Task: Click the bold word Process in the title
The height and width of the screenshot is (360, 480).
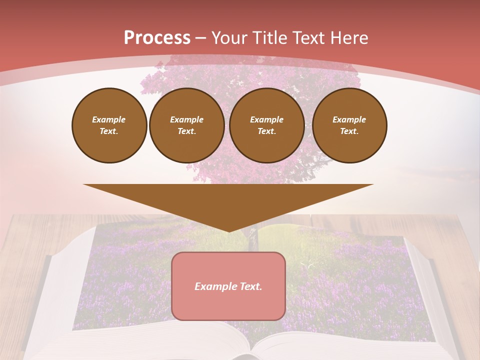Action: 157,38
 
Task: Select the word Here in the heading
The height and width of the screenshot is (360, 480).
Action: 349,38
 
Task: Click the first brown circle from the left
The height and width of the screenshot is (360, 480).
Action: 109,125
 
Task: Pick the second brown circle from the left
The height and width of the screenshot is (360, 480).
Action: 186,125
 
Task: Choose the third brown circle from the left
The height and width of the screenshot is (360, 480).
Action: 266,125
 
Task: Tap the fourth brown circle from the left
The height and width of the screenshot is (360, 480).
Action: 349,125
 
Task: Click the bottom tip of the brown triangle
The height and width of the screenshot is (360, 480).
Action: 228,231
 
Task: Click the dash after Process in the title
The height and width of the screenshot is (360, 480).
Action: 201,38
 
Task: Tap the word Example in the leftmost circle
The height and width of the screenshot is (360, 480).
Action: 109,119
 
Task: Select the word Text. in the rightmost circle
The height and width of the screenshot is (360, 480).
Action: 349,131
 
